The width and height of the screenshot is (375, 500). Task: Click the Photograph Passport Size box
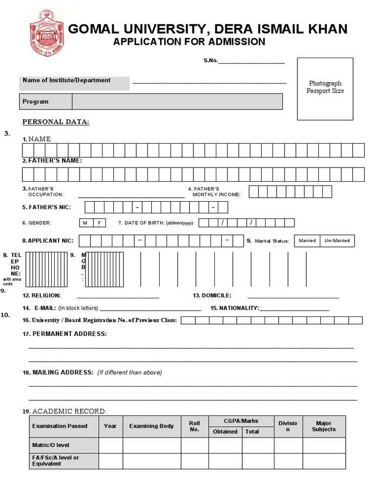325,88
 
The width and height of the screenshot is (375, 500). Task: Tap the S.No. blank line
251,62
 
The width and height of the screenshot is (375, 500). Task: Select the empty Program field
177,102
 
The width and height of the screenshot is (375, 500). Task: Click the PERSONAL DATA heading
56,122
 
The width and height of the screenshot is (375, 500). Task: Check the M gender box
85,223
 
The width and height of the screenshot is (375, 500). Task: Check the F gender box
99,223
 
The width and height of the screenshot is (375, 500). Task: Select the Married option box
307,241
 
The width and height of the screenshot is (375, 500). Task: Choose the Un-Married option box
337,241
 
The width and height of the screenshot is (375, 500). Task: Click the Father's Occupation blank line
131,196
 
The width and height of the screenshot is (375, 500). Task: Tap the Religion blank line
118,296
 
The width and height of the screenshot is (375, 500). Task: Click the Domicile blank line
293,296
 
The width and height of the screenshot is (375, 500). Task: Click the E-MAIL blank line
150,309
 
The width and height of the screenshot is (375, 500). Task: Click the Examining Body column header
151,426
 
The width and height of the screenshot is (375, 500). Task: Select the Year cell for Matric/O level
110,445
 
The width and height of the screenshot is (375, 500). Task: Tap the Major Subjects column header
324,426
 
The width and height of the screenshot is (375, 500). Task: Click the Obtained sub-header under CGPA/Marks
225,432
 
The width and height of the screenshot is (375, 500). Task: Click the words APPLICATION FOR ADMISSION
189,42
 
